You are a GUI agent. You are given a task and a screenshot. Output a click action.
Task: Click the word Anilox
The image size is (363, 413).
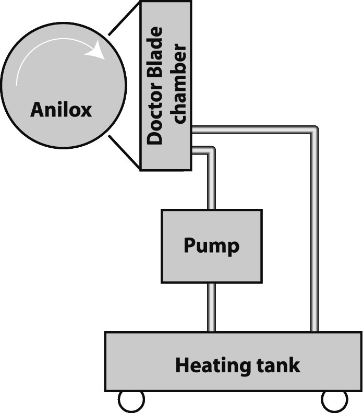pos(61,110)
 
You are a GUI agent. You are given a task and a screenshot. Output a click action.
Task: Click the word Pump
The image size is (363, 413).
pos(211,245)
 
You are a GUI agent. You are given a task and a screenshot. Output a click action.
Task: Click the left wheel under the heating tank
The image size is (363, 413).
pos(131,401)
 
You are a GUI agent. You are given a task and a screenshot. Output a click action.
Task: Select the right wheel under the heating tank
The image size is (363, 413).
pos(334,401)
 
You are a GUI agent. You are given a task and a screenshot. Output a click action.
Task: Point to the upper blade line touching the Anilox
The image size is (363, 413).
pos(124,19)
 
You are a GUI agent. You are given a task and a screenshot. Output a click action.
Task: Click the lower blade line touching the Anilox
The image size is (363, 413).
pos(124,152)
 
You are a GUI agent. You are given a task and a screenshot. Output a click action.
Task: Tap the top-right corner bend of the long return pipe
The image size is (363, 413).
pos(313,130)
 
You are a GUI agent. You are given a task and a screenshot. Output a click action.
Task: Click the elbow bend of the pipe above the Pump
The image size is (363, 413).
pos(210,151)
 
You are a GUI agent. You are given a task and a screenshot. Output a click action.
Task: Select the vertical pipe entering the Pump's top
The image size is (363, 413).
pos(211,183)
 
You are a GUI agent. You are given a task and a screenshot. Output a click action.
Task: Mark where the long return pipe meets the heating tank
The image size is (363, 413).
pos(314,331)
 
